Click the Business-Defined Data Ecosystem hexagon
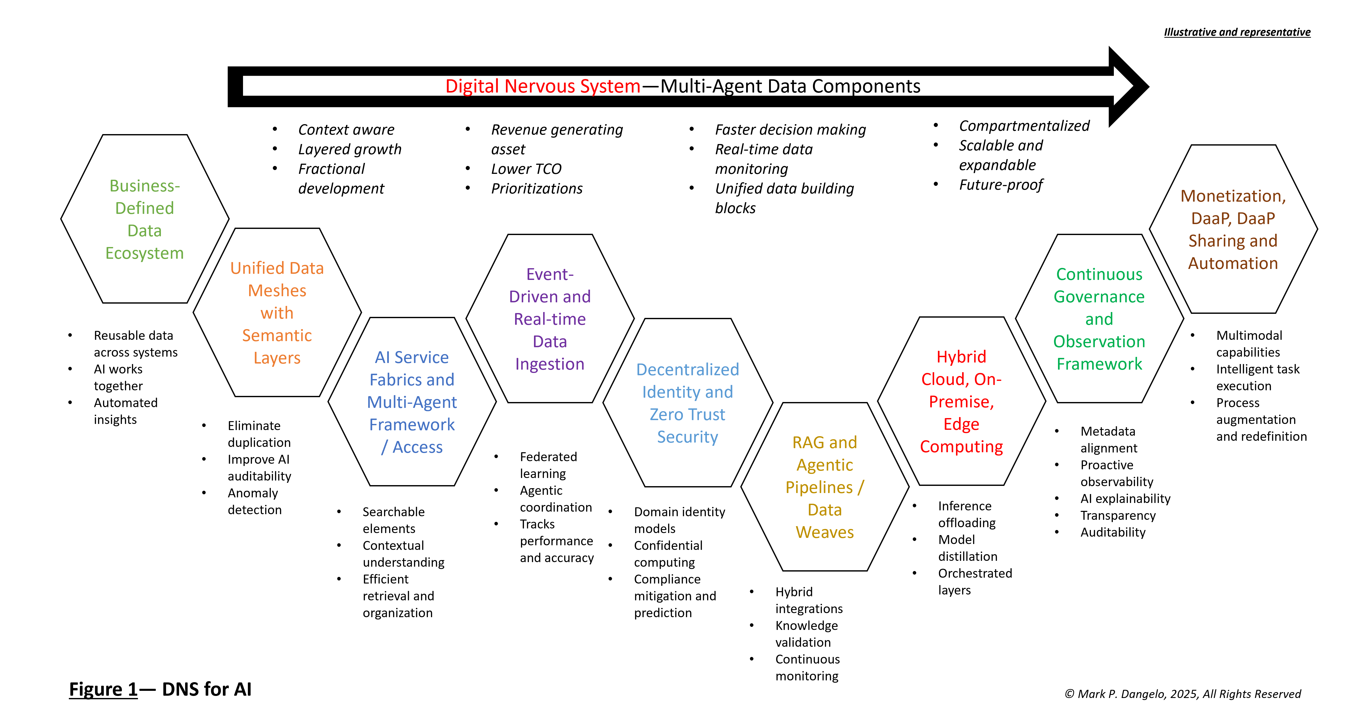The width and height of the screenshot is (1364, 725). pos(145,219)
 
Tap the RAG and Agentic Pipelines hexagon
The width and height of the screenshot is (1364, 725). pos(824,487)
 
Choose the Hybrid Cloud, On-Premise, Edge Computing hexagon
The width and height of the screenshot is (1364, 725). pos(961,401)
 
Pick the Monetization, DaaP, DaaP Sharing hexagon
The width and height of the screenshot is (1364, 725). pos(1233,229)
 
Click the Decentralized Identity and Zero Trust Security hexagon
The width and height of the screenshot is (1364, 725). pos(687,403)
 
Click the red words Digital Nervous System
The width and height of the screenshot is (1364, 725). pos(543,86)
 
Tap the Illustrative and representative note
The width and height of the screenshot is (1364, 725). pos(1237,32)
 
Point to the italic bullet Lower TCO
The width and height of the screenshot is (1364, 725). pos(526,169)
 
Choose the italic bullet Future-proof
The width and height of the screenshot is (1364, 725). pos(1000,185)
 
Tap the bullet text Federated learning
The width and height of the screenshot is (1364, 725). pos(548,465)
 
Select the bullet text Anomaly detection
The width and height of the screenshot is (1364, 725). pos(254,501)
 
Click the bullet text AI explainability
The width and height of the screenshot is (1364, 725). pos(1125,499)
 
